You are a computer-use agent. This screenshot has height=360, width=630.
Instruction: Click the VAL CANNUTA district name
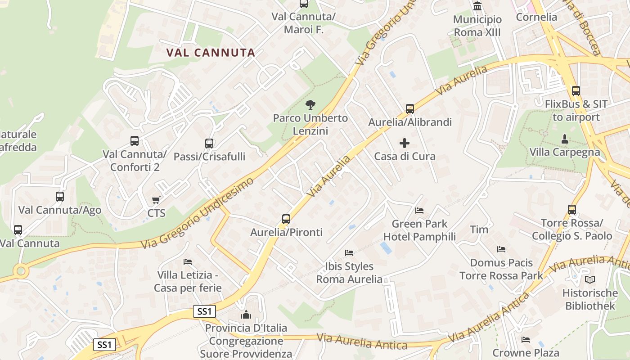(211, 53)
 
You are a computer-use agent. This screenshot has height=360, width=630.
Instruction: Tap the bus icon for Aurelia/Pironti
(286, 219)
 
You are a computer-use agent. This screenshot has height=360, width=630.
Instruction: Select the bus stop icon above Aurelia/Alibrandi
(409, 108)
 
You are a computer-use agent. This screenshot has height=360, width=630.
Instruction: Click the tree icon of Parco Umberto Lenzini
(310, 105)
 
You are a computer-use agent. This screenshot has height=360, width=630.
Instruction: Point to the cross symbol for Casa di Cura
(405, 143)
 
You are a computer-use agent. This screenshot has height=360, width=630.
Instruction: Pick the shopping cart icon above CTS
(156, 199)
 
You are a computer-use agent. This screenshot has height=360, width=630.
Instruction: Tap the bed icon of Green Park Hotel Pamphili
(419, 210)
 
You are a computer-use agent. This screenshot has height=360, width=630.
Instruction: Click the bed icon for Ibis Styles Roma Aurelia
(349, 252)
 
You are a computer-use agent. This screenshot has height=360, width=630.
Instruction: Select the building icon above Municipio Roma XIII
(477, 6)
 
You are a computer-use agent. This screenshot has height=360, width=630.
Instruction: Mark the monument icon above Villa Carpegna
(565, 138)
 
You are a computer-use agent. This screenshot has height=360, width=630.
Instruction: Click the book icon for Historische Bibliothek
(590, 279)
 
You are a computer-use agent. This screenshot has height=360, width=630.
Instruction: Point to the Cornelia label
(536, 17)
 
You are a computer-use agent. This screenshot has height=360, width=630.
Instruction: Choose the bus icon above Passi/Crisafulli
(209, 143)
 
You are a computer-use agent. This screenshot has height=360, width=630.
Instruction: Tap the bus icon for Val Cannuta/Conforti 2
(135, 140)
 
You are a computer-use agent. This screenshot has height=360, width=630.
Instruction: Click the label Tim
(479, 229)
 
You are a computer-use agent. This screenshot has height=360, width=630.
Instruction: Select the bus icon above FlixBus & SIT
(576, 90)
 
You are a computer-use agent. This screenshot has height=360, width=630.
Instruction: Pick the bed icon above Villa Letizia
(188, 261)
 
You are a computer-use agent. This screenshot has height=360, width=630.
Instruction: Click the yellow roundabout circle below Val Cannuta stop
(20, 271)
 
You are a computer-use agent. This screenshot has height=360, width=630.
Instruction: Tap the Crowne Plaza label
(526, 353)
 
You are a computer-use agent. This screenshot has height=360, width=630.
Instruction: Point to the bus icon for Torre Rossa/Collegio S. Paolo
(572, 209)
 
